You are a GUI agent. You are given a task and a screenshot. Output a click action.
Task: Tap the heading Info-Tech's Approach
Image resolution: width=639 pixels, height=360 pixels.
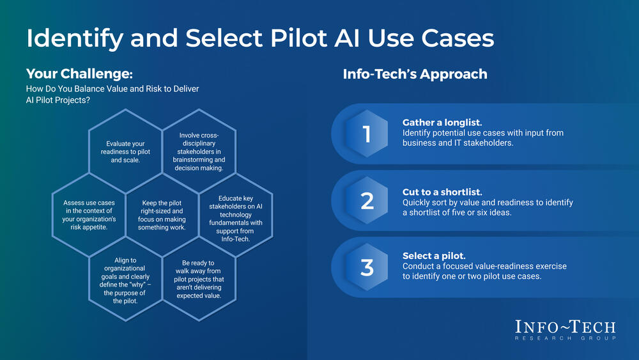(x=415, y=74)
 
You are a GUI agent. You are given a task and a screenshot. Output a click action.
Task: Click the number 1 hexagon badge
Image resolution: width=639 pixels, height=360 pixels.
(x=367, y=134)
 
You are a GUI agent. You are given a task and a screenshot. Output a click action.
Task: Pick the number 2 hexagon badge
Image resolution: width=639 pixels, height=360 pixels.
(x=367, y=201)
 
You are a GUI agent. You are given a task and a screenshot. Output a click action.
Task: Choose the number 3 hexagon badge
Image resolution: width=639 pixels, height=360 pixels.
(x=367, y=267)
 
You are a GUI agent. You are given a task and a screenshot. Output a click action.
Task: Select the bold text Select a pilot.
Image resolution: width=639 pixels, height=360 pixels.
(x=435, y=255)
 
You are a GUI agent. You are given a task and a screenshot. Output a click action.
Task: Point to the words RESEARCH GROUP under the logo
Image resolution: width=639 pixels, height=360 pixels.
(x=566, y=338)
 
